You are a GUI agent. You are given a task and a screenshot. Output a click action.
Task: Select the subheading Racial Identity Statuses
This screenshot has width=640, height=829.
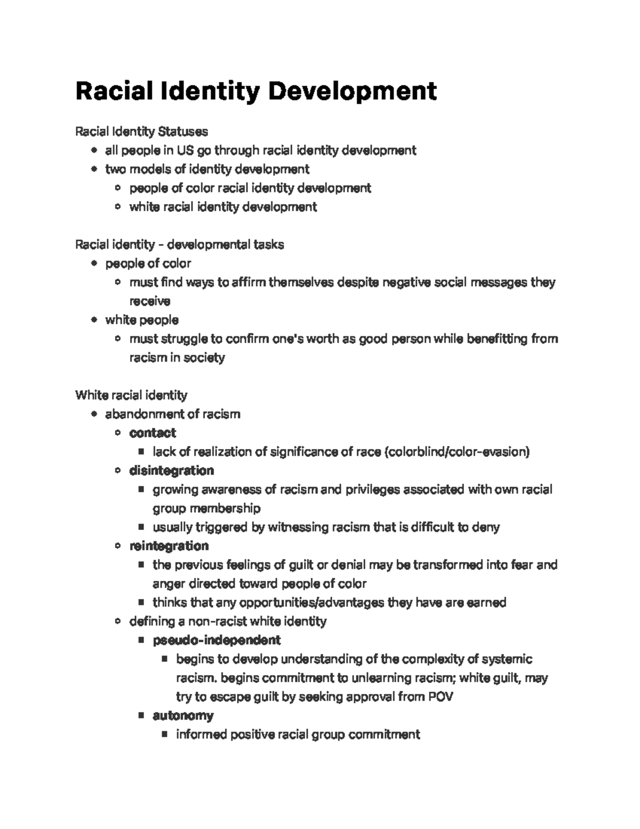141,131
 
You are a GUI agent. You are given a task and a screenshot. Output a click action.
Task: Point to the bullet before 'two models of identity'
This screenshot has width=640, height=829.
94,169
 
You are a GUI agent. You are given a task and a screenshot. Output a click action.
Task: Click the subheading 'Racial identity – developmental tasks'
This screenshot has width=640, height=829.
179,244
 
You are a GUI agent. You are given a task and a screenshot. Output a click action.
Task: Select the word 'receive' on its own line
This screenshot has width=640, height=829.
150,301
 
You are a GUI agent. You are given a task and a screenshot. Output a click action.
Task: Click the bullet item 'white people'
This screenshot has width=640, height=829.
142,320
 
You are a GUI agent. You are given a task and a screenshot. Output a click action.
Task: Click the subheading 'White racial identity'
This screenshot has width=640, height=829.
131,395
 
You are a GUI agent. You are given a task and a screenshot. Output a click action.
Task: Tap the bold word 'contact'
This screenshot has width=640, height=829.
153,433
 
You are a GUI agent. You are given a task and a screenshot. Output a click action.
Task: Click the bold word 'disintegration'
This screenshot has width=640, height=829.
171,470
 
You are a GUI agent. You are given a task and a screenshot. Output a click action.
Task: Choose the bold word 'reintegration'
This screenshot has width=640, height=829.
169,546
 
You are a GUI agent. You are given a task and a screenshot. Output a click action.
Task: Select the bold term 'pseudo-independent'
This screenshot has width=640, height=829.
217,639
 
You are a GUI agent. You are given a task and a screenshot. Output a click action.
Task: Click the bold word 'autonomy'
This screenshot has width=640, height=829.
183,715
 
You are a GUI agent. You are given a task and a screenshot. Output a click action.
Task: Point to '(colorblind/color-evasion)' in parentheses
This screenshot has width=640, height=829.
457,452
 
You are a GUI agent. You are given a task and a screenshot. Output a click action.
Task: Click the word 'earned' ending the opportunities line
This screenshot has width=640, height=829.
486,603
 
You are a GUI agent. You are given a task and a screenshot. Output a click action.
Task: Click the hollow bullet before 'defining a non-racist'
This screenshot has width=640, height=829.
118,621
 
